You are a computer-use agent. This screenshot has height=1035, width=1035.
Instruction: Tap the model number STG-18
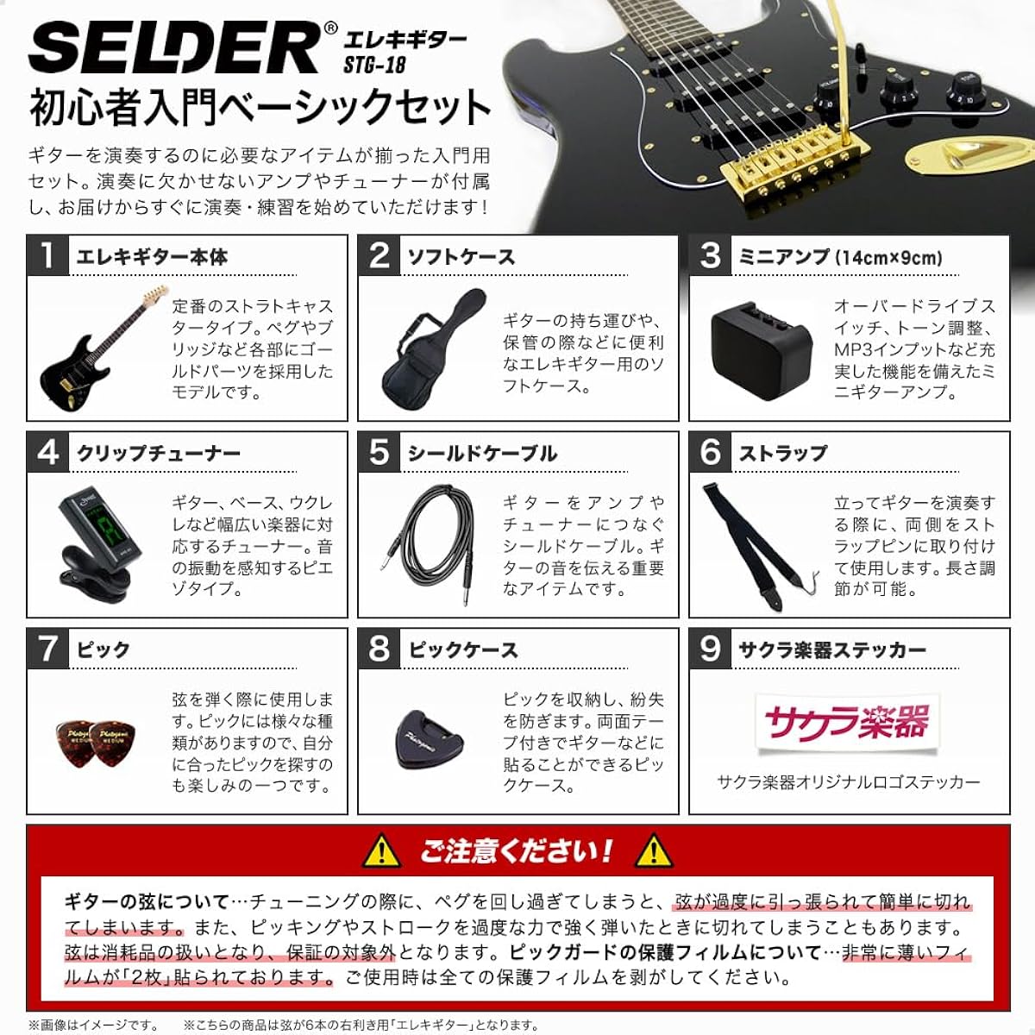coord(374,65)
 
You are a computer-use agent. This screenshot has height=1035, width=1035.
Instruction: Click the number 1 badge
coord(47,255)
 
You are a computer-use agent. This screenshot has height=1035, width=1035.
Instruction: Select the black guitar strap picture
coord(756,541)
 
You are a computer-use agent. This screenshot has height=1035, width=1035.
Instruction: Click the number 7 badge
coord(47,649)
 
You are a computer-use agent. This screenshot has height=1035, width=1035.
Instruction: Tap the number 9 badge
coord(710,649)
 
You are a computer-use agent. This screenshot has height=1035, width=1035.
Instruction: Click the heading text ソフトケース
coord(461,257)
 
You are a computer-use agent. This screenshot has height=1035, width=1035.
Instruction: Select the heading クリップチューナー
coord(159,454)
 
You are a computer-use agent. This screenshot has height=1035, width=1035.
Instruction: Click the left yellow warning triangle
coord(380,851)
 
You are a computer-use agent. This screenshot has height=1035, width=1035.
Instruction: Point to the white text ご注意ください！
coord(516,851)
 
